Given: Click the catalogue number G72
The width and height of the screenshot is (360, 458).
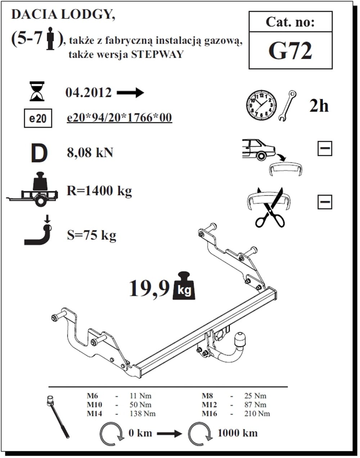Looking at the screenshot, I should [x=290, y=51].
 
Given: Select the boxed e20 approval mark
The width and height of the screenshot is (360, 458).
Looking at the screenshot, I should [x=37, y=118].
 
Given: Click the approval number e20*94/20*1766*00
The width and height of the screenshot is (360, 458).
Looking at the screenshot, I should [x=120, y=118].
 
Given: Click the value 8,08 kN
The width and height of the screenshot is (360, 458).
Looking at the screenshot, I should [x=90, y=153].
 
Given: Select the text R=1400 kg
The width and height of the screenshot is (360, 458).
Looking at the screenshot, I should [x=99, y=190].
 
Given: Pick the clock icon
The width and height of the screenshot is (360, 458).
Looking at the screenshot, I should [x=262, y=105].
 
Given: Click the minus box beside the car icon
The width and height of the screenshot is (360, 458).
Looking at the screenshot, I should [x=325, y=149].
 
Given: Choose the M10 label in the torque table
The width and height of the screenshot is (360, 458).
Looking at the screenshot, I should [x=94, y=405].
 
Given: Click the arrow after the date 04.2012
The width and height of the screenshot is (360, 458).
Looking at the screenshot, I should [x=130, y=93].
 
